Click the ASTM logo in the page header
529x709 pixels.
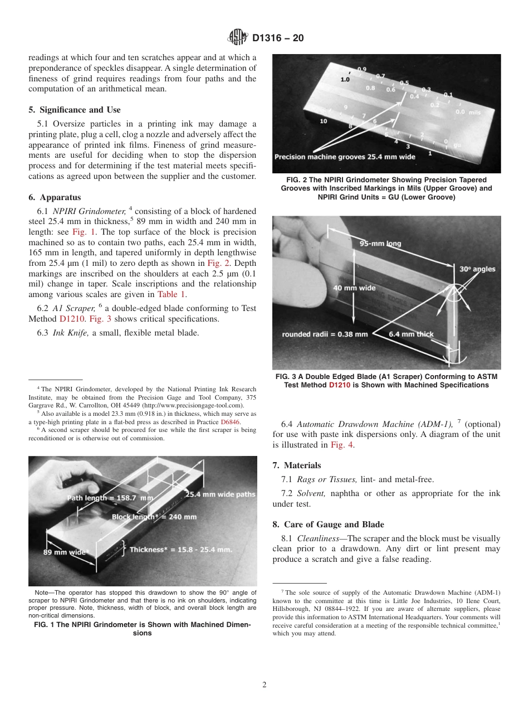[238, 38]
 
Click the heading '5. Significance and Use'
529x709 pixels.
[74, 110]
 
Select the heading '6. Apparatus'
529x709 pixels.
[54, 197]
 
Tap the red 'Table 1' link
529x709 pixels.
[172, 294]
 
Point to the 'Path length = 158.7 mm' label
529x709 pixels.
[110, 497]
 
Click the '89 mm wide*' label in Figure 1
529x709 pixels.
[66, 552]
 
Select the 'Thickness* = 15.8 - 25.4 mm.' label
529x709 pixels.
[180, 550]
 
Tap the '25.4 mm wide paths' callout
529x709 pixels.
[221, 494]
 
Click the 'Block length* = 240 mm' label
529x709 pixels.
[154, 517]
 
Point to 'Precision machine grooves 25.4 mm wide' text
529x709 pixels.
[345, 157]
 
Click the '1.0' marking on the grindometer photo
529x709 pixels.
[345, 80]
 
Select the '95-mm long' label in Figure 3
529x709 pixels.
[380, 244]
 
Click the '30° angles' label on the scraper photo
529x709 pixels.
[477, 269]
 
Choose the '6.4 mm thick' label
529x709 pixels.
[411, 334]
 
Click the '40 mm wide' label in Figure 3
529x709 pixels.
[355, 288]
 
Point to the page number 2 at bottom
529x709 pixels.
[264, 685]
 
